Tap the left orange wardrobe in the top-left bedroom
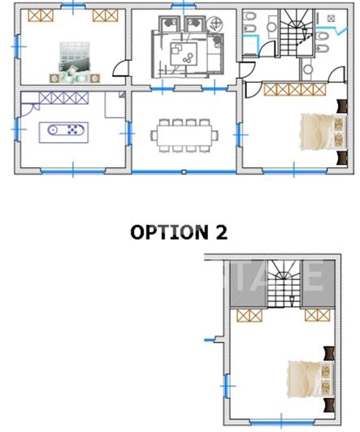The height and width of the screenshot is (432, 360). [36, 15]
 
